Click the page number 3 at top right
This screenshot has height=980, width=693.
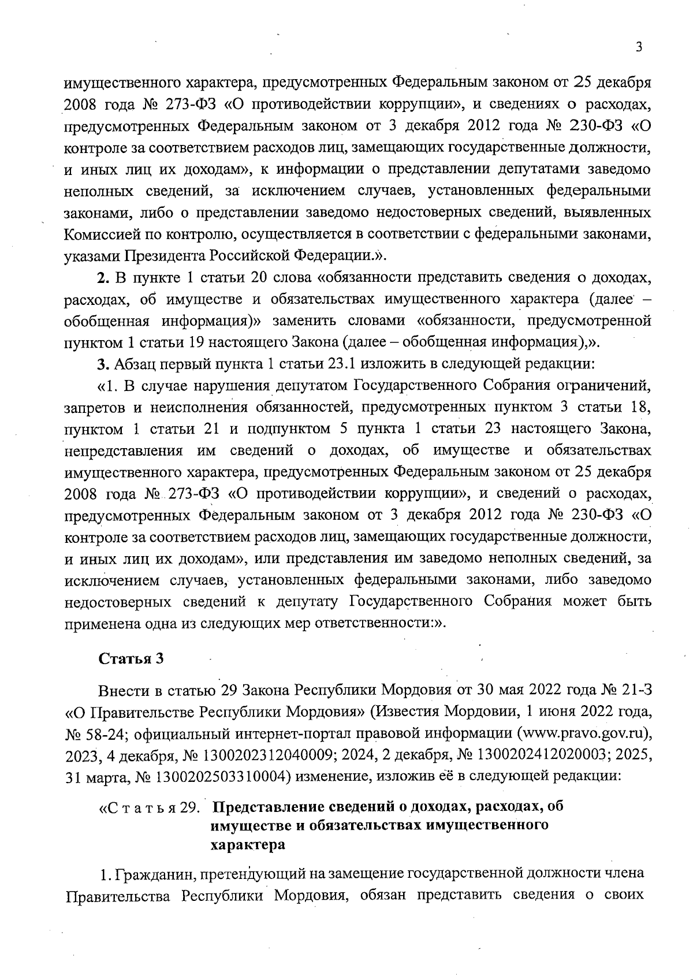[639, 47]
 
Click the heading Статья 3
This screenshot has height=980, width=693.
[132, 659]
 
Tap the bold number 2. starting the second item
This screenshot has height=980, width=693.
[103, 278]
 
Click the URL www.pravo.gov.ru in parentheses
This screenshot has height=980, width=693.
[583, 733]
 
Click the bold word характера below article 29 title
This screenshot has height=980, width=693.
[248, 845]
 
